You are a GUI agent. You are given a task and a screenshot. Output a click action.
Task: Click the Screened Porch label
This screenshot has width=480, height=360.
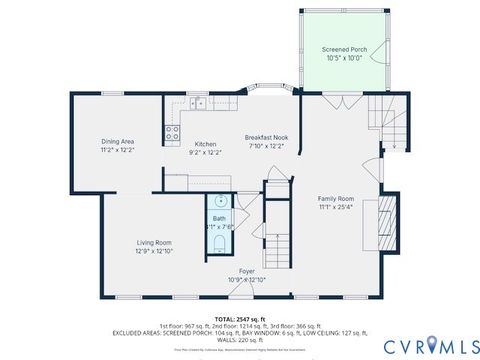coord(346,49)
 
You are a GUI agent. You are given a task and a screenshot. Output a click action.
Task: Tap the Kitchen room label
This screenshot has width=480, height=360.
coord(205,144)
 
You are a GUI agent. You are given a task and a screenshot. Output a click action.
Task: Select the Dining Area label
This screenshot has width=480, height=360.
coord(118,141)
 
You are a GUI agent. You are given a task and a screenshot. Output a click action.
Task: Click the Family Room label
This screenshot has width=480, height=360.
coord(336,198)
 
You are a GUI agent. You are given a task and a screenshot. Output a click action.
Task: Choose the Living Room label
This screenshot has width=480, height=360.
coord(154,242)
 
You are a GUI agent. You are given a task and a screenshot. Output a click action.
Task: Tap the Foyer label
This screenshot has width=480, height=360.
coord(246,271)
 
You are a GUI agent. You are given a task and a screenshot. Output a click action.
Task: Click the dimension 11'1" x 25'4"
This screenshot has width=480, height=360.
coord(336,208)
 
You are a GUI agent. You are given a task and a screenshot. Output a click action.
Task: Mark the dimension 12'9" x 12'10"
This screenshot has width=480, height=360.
coord(154,251)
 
